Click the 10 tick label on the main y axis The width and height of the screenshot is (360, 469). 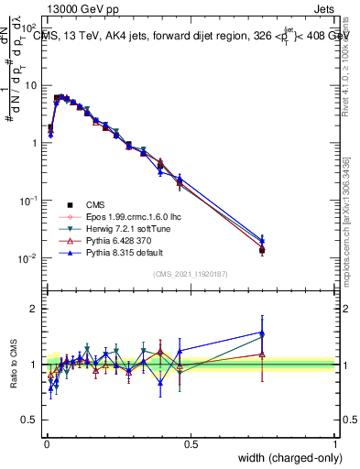30,85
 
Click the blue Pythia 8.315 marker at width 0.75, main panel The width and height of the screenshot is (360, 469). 262,240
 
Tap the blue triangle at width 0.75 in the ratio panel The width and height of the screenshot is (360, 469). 262,333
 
